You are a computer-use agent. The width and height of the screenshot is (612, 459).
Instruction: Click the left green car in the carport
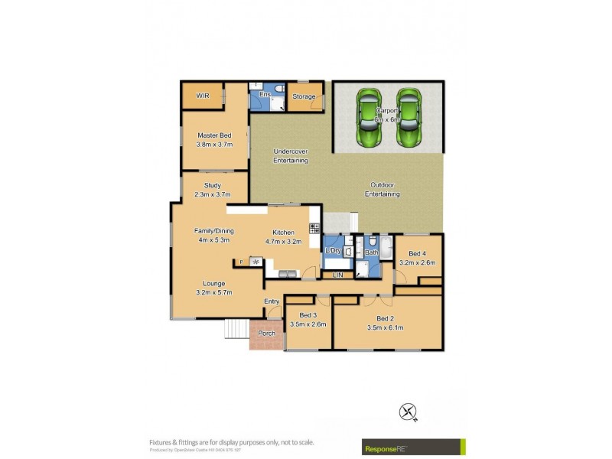click(369, 119)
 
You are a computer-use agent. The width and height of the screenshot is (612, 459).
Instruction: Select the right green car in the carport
click(409, 119)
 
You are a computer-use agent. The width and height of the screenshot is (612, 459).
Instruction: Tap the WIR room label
click(203, 96)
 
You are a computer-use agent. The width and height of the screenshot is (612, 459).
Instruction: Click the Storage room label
click(304, 96)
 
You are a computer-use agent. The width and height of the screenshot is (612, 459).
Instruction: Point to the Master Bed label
click(214, 135)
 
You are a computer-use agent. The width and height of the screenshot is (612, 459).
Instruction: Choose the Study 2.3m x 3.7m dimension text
click(213, 194)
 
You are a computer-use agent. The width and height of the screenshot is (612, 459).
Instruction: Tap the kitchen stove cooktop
click(314, 228)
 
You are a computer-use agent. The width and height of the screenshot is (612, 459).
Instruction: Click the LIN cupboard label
click(337, 274)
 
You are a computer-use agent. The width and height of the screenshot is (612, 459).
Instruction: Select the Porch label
click(266, 334)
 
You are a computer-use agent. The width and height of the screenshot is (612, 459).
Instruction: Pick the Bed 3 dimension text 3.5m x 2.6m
click(308, 324)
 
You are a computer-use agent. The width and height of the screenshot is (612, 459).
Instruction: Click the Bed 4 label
click(417, 254)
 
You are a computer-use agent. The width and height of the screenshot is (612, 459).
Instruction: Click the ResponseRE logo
click(413, 446)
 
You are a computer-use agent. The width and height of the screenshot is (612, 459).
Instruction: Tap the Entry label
click(272, 301)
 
